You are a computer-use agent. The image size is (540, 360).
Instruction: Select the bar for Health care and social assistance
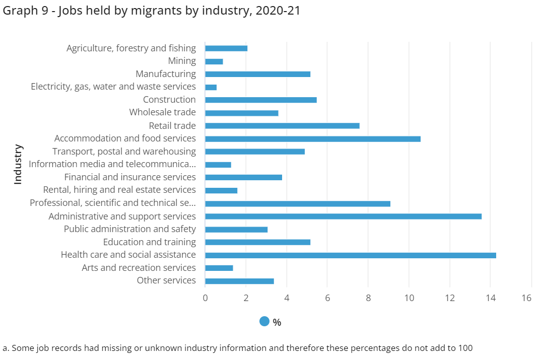(350, 255)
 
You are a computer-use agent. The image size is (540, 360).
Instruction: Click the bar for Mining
(214, 61)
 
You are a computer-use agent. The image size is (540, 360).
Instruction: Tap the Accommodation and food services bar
(313, 139)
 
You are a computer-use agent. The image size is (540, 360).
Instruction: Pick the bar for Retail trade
(282, 126)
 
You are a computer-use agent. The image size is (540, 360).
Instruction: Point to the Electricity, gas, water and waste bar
(211, 87)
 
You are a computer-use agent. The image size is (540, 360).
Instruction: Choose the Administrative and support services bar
(343, 217)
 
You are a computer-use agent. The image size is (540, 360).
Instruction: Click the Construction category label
(169, 100)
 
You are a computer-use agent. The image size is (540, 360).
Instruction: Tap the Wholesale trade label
(162, 112)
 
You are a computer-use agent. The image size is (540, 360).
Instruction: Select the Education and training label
(149, 242)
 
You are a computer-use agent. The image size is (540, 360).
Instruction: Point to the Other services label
(166, 280)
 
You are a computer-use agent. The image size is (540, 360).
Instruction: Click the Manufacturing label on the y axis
(165, 74)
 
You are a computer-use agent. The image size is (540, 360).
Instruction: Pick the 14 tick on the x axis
(491, 298)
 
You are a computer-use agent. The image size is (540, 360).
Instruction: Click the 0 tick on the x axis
(205, 298)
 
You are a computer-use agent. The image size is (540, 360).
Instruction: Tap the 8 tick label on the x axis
(368, 298)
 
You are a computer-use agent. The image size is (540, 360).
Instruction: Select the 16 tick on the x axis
(526, 298)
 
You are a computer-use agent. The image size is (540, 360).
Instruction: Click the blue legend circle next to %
(264, 321)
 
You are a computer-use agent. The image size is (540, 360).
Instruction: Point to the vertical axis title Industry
(18, 164)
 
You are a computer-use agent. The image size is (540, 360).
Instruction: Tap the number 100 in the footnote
(465, 348)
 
